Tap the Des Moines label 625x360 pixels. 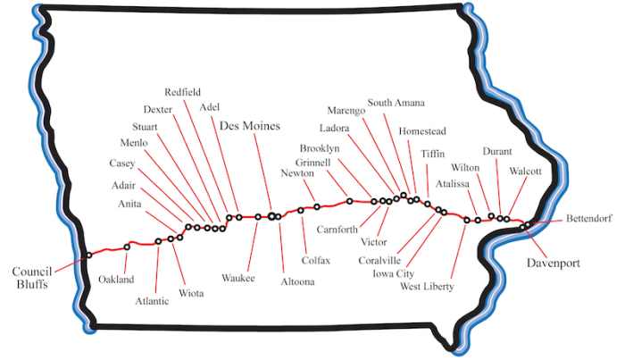(250, 126)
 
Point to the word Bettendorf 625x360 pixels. (589, 219)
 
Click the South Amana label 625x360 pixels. (396, 102)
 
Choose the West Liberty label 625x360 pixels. (427, 287)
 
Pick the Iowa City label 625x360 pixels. (393, 274)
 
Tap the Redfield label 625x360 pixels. (184, 93)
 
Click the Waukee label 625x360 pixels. (238, 278)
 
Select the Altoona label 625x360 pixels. (297, 282)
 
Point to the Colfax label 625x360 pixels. (316, 260)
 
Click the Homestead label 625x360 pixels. (422, 131)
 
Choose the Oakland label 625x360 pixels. (116, 280)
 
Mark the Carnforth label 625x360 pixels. (337, 228)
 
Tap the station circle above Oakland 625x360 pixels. (127, 247)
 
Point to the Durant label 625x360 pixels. (496, 151)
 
